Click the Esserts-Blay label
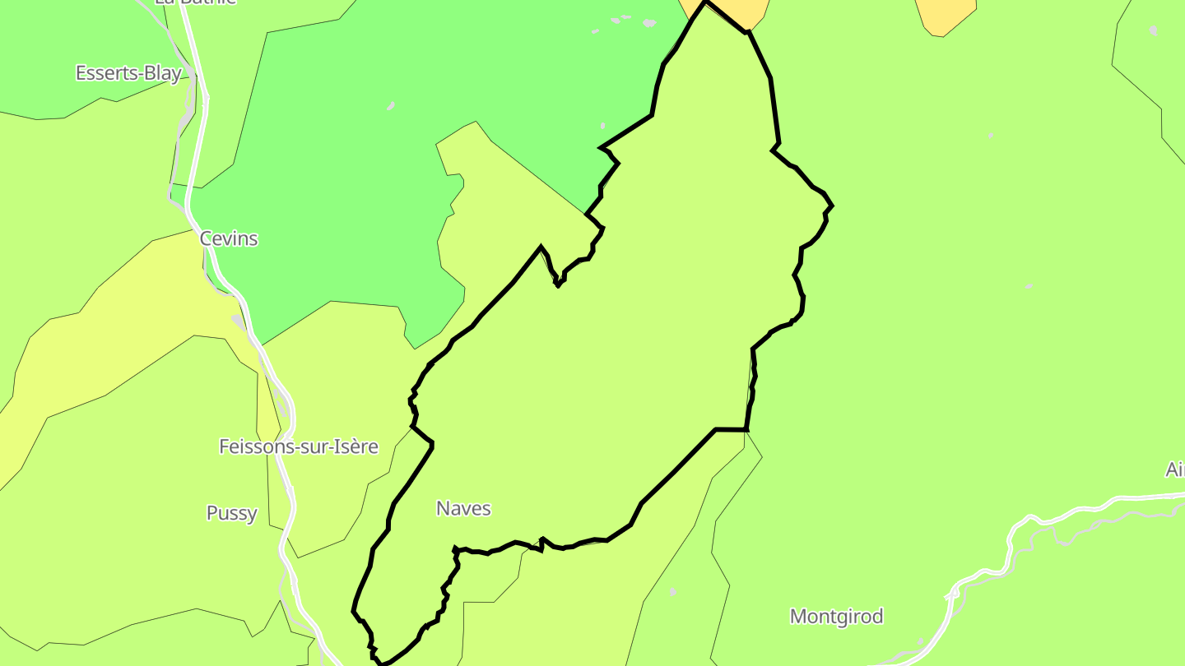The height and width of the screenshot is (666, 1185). click(128, 73)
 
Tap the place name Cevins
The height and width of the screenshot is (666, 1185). click(229, 238)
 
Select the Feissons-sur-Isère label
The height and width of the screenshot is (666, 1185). click(298, 446)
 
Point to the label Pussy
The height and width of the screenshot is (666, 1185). click(231, 513)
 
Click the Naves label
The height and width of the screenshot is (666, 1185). click(463, 509)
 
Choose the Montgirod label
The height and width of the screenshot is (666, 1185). click(836, 616)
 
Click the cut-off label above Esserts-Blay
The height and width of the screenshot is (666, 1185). click(196, 2)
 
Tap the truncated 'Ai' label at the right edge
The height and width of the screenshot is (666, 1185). click(1174, 469)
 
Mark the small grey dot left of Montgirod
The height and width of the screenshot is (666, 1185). click(673, 592)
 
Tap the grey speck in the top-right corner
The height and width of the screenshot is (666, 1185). click(1153, 31)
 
